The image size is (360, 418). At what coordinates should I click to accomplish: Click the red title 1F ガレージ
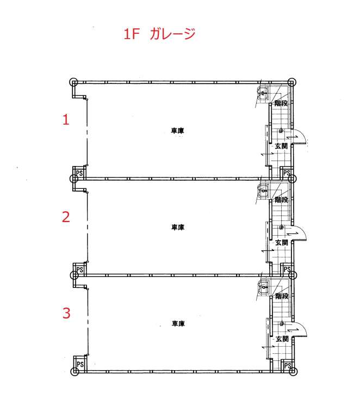(x=159, y=34)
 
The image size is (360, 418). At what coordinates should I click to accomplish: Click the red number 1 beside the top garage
(x=66, y=119)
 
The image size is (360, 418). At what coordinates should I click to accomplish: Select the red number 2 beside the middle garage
(x=66, y=217)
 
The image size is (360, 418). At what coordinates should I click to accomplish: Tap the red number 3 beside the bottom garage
(x=66, y=313)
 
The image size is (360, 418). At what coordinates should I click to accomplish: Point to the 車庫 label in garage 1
(x=177, y=131)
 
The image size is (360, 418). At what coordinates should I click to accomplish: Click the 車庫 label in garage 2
(x=178, y=227)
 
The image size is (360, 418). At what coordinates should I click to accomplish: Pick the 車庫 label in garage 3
(x=178, y=324)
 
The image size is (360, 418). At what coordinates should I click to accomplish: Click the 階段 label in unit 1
(x=281, y=103)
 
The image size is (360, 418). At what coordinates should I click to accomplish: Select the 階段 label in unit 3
(x=282, y=296)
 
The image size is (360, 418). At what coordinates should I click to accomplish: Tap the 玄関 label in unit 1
(x=281, y=146)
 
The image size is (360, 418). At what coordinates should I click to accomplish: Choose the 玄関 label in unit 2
(x=282, y=243)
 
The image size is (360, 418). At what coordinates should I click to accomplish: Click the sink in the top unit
(x=263, y=93)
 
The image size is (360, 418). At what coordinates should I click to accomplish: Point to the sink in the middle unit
(x=264, y=190)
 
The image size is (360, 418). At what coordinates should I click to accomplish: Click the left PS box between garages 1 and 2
(x=79, y=173)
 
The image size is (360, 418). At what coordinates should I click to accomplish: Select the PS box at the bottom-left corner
(x=80, y=364)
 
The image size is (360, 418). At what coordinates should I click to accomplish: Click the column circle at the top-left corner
(x=73, y=82)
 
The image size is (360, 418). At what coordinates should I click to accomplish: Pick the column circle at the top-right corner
(x=292, y=82)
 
